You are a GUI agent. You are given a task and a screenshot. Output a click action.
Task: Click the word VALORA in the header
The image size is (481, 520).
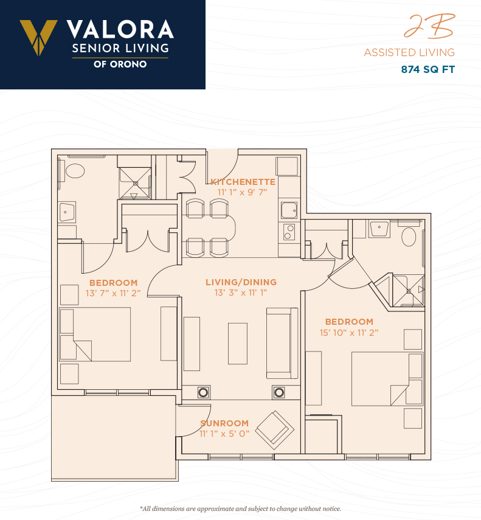coord(120,30)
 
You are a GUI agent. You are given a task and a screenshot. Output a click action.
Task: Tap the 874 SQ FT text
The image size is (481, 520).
coord(428,69)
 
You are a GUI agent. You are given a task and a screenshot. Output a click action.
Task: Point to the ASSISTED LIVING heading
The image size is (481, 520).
coord(409,52)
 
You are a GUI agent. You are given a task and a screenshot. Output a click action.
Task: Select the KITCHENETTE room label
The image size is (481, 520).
coord(243,182)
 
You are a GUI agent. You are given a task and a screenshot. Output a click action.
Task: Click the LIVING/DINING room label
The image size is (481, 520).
coord(241,282)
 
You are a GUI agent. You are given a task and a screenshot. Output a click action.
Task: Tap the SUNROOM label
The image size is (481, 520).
coord(224,423)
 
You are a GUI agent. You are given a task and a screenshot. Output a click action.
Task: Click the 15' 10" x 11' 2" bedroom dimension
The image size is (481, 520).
coord(349,333)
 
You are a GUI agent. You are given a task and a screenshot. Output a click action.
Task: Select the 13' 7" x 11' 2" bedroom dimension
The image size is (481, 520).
coord(113,293)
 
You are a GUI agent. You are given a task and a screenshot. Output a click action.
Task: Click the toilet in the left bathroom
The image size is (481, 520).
coord(75,171)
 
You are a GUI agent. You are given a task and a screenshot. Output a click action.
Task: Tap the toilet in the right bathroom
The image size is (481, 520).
coord(409,237)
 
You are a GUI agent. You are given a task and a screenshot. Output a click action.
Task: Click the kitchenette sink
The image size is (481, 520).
coord(289,210)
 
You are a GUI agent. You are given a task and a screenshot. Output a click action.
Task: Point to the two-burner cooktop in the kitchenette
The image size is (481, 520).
coord(289,232)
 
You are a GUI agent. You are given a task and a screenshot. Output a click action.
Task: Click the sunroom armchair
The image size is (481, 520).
coord(275,430)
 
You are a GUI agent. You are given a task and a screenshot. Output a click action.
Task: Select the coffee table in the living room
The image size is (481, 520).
coord(238,344)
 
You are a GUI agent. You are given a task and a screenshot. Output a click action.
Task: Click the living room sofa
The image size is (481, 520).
coord(282,343)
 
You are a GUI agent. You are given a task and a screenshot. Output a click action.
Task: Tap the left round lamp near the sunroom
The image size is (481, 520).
coord(203,393)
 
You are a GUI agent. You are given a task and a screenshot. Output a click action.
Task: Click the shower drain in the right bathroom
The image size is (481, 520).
coord(409,291)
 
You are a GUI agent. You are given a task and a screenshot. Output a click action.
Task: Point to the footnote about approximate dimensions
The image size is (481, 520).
coord(241,508)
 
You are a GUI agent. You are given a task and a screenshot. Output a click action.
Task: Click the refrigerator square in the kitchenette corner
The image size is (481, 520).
coord(287,166)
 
